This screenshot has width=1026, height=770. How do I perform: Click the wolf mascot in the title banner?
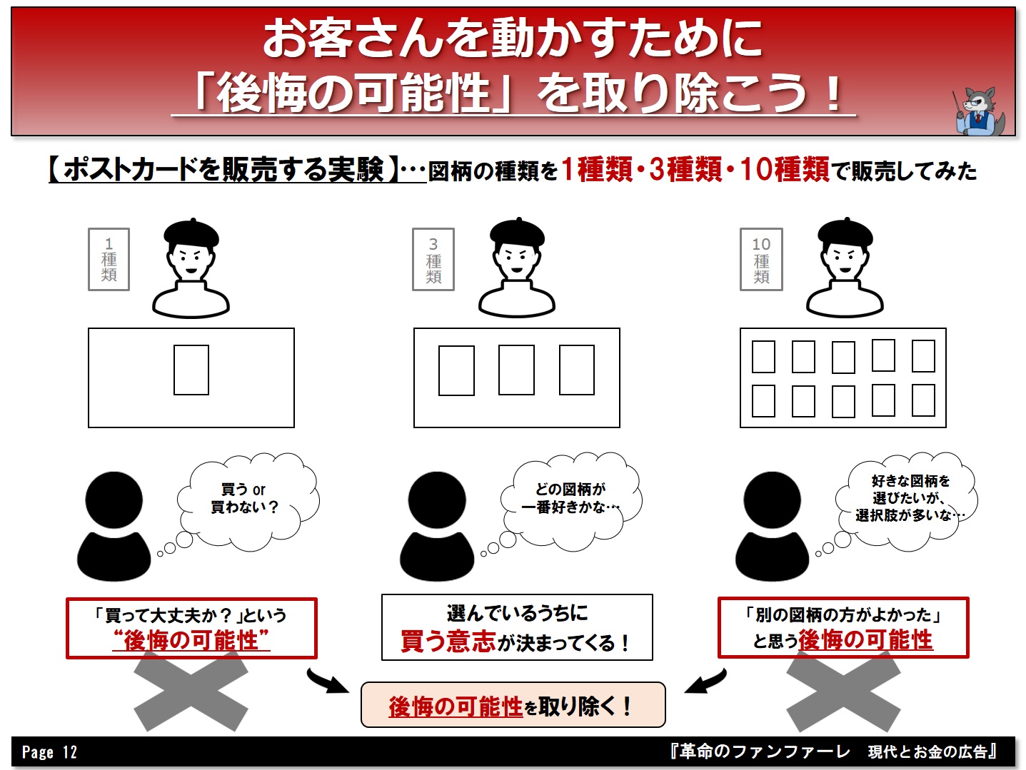pyautogui.click(x=978, y=111)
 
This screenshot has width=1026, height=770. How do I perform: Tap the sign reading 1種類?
pyautogui.click(x=109, y=259)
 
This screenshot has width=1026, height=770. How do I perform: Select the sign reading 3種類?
pyautogui.click(x=433, y=259)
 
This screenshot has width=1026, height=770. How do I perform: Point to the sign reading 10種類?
pyautogui.click(x=761, y=259)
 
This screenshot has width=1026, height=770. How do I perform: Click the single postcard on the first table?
pyautogui.click(x=191, y=370)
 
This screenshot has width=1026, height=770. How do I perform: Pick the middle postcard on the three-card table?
pyautogui.click(x=516, y=370)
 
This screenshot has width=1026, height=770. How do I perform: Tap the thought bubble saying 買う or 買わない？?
pyautogui.click(x=248, y=500)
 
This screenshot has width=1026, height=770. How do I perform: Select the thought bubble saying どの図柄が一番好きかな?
pyautogui.click(x=571, y=500)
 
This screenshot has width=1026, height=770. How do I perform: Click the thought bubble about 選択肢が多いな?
pyautogui.click(x=907, y=500)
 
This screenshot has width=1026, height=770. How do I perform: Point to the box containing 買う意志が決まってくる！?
pyautogui.click(x=517, y=627)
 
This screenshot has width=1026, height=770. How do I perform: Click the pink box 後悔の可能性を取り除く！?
pyautogui.click(x=513, y=704)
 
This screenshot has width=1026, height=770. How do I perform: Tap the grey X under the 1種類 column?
pyautogui.click(x=191, y=691)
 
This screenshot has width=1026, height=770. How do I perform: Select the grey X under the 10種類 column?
pyautogui.click(x=843, y=691)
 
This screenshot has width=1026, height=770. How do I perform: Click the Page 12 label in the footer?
pyautogui.click(x=49, y=752)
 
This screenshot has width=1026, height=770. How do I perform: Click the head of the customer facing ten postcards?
pyautogui.click(x=772, y=500)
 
